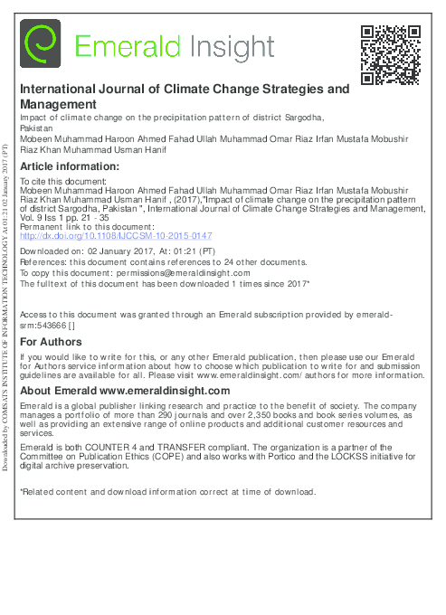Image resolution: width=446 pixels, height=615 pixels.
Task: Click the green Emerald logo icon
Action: (41, 45)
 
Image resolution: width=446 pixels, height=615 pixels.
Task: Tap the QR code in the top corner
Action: (389, 54)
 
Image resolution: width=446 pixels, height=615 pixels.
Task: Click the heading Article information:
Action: (70, 166)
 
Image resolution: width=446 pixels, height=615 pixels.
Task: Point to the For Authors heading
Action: (51, 342)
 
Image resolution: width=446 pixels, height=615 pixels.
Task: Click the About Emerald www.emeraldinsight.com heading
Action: (125, 390)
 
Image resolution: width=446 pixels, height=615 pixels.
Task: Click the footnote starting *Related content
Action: (167, 492)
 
